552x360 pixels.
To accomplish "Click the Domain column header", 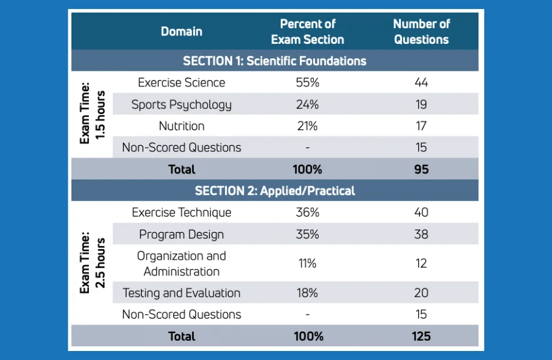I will coord(181,31).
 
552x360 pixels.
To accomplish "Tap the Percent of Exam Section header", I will coord(307,31).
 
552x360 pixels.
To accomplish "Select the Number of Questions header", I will coord(421,31).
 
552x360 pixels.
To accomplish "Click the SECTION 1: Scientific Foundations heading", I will coord(275,61).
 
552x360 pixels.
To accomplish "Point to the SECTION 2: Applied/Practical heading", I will coord(275,191).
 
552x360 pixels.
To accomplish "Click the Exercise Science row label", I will coord(181,83).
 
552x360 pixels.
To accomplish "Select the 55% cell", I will coord(307,83).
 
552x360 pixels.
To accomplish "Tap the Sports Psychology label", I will coord(181,104).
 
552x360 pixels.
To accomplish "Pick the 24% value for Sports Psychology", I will coord(307,104).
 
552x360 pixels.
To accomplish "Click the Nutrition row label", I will coord(181,126).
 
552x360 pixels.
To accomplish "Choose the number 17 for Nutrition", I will coord(421,126).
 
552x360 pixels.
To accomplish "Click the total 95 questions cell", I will coord(421,169).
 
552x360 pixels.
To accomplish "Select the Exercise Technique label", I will coord(181,212).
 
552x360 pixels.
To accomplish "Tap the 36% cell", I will coord(307,212).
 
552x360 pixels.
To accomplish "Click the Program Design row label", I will coord(181,234).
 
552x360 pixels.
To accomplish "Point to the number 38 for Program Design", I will coord(421,234).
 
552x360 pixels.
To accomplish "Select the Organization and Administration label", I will coord(181,263).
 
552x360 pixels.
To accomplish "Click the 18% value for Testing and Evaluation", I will coord(307,293).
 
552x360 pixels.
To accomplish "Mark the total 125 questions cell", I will coord(421,336).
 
